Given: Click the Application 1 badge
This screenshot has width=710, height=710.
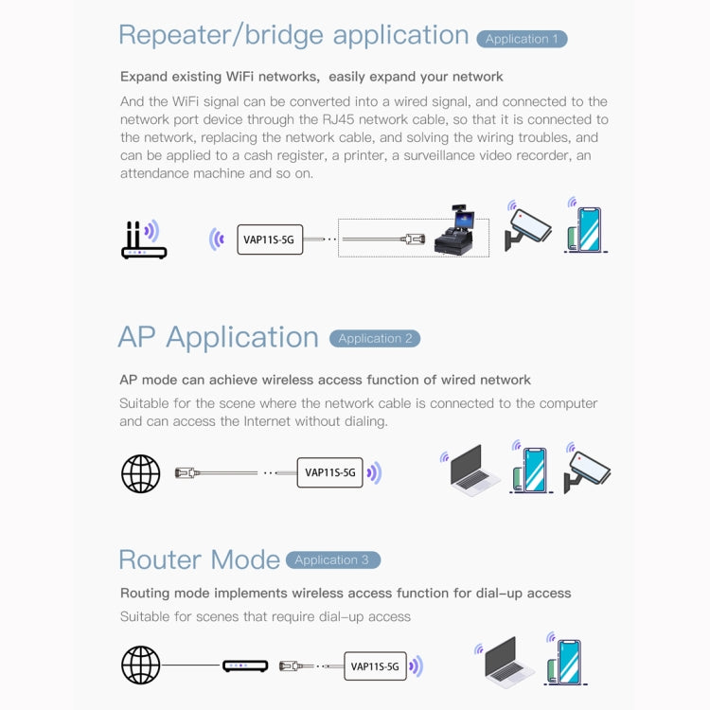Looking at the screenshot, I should point(522,39).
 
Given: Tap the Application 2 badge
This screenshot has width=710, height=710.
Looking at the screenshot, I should point(375,338).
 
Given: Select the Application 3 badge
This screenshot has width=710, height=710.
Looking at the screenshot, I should point(332,559).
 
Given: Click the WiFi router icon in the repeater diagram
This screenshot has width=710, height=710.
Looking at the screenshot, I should point(143,240).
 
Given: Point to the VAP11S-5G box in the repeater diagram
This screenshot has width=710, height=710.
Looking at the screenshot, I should point(269,240).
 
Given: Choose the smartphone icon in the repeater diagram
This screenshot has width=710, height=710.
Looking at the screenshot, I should point(587,230).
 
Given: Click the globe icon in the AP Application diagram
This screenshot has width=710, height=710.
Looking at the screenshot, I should point(141,472).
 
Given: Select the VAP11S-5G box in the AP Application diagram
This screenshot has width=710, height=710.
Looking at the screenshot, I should point(330,472).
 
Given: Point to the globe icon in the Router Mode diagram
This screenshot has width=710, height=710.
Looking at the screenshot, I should point(141,665).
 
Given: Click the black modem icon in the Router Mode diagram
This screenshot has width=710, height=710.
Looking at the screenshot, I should point(245,666).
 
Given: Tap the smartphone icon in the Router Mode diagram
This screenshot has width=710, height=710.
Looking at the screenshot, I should point(568,661).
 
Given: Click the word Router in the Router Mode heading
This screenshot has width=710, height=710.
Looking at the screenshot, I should point(153,559).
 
